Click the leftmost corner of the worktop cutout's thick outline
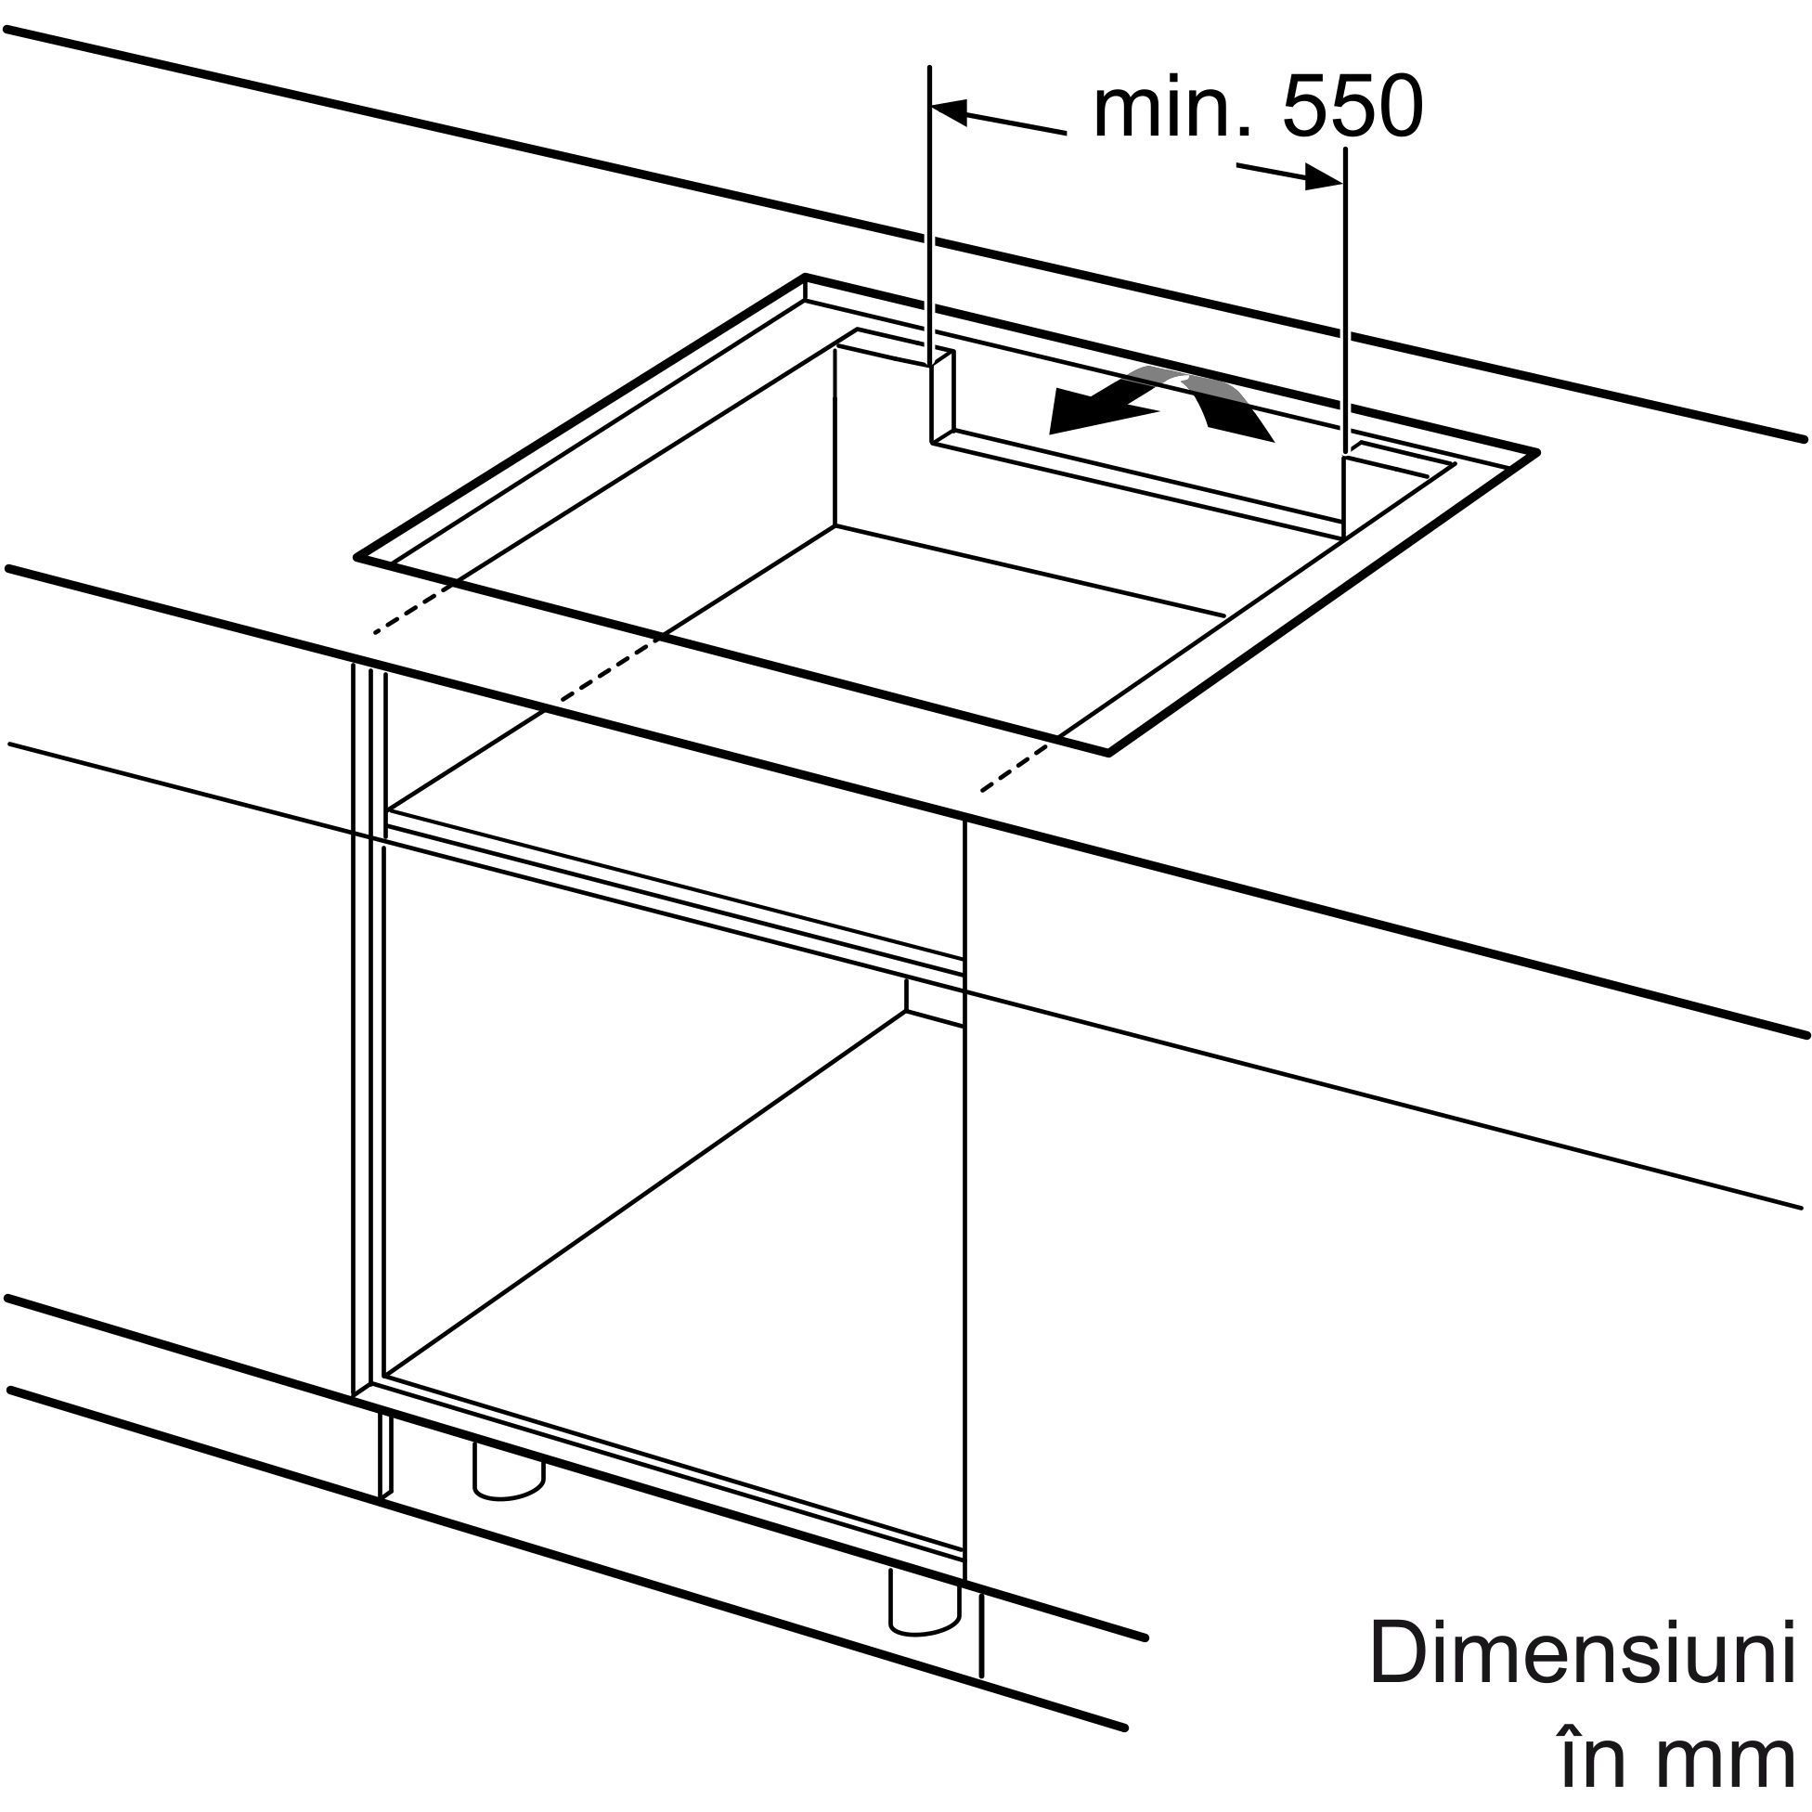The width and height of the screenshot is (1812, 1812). (356, 559)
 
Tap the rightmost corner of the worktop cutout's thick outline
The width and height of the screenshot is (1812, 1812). (1538, 451)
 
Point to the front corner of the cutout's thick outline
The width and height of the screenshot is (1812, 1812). (1109, 752)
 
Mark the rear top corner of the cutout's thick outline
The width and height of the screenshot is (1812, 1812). (806, 277)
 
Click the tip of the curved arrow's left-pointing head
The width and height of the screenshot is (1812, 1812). (1049, 434)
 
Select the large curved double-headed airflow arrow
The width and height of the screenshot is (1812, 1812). (1161, 403)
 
